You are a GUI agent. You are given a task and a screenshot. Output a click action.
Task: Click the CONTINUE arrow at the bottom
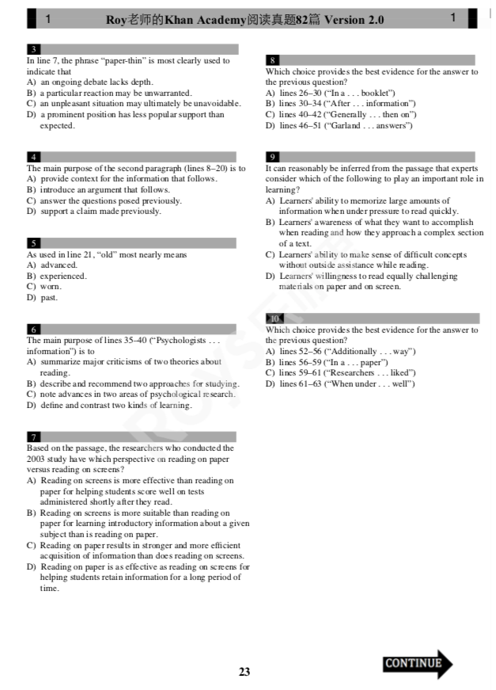(x=418, y=664)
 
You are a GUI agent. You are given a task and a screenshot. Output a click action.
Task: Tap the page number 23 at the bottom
(x=244, y=672)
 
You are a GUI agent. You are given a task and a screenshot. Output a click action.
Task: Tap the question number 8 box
(x=272, y=61)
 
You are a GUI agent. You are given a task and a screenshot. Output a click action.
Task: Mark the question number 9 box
(x=272, y=158)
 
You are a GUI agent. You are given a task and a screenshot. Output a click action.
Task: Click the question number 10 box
(x=274, y=318)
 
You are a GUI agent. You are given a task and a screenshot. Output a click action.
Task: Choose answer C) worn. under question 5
(x=44, y=287)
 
